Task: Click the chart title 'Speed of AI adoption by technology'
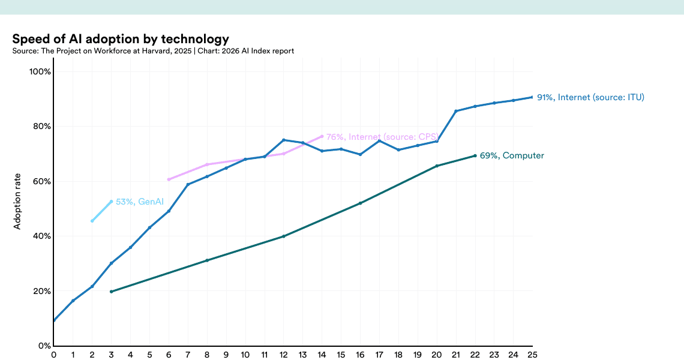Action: coord(121,39)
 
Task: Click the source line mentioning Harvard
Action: coord(153,51)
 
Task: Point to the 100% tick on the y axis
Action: coord(40,71)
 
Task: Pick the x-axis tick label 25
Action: coord(532,355)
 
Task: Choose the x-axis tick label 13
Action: coord(302,355)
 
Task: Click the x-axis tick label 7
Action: coord(188,355)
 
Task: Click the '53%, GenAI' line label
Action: coord(140,202)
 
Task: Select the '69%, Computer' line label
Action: coord(512,156)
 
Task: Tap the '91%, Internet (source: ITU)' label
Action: coord(590,97)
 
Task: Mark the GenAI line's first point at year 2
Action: coord(92,221)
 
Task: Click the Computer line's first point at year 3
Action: coord(111,292)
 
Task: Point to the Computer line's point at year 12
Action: coord(284,236)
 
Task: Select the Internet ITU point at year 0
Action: coord(54,320)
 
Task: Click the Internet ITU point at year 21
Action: coord(456,111)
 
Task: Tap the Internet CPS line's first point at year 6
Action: coord(169,179)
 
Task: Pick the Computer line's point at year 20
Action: coord(437,166)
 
